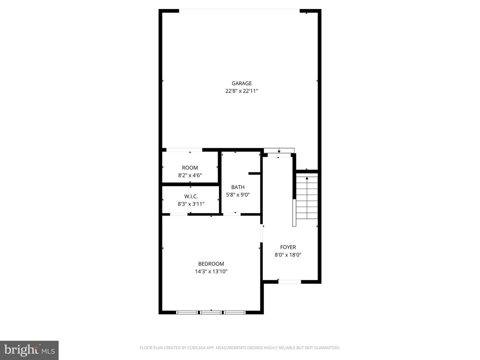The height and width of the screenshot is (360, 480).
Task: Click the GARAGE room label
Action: click(242, 83)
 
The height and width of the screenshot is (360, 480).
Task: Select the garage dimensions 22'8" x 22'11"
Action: click(242, 91)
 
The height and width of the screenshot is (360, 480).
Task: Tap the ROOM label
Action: click(190, 168)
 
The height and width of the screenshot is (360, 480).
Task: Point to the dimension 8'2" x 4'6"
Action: click(190, 175)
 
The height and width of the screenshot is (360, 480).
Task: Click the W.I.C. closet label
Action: click(191, 196)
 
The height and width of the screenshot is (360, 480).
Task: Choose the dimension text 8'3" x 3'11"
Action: click(191, 204)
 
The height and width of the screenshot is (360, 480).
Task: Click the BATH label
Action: click(238, 187)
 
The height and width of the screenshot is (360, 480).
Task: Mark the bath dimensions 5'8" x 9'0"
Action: click(238, 195)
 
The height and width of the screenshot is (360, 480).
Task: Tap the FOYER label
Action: click(288, 247)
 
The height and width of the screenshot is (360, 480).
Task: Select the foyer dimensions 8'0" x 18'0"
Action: click(288, 255)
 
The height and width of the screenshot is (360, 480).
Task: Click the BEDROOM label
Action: click(211, 264)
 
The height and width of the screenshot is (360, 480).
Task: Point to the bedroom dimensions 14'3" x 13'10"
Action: click(211, 271)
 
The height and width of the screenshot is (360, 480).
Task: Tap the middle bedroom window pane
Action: click(211, 312)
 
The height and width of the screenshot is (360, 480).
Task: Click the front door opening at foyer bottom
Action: click(289, 282)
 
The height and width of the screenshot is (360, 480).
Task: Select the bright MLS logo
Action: click(29, 350)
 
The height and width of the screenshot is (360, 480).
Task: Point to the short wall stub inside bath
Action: click(255, 173)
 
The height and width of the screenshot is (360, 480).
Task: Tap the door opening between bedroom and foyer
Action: click(262, 233)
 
